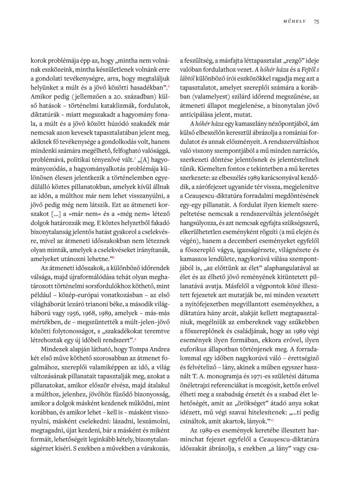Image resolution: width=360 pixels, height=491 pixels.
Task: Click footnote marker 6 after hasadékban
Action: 169,86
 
